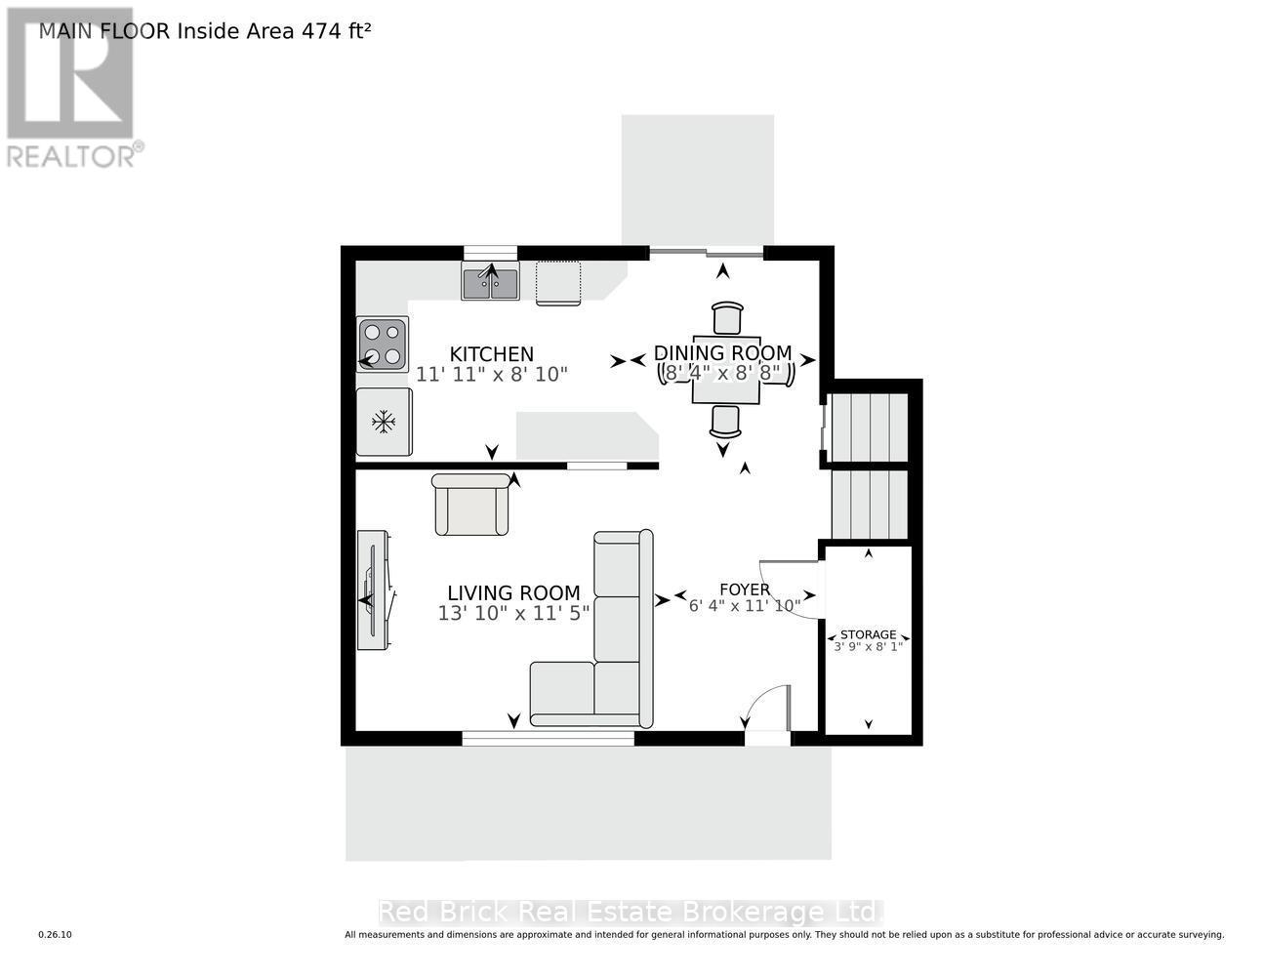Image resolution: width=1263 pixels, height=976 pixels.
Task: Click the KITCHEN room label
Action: point(491,354)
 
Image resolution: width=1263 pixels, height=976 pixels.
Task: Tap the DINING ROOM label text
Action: point(722,352)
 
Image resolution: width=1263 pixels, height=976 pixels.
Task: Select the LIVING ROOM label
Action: point(513,592)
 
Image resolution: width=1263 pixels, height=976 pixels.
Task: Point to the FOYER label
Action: point(745,590)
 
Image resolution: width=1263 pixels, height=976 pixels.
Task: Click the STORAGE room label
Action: point(868,634)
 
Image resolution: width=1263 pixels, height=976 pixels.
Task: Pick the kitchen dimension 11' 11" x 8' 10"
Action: point(491,374)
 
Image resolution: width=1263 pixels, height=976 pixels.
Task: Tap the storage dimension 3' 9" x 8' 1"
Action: point(868,646)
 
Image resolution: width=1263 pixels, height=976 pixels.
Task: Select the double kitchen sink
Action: point(490,283)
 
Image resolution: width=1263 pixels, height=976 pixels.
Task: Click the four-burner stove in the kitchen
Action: point(383,345)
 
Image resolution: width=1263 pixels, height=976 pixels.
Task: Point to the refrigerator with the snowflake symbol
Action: point(385,423)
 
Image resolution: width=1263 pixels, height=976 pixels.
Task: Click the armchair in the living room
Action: point(471,505)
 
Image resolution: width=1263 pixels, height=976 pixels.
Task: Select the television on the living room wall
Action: point(374,590)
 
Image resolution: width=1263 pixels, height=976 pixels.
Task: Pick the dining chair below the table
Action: point(725,421)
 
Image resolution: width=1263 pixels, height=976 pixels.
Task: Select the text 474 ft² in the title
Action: point(329,30)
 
